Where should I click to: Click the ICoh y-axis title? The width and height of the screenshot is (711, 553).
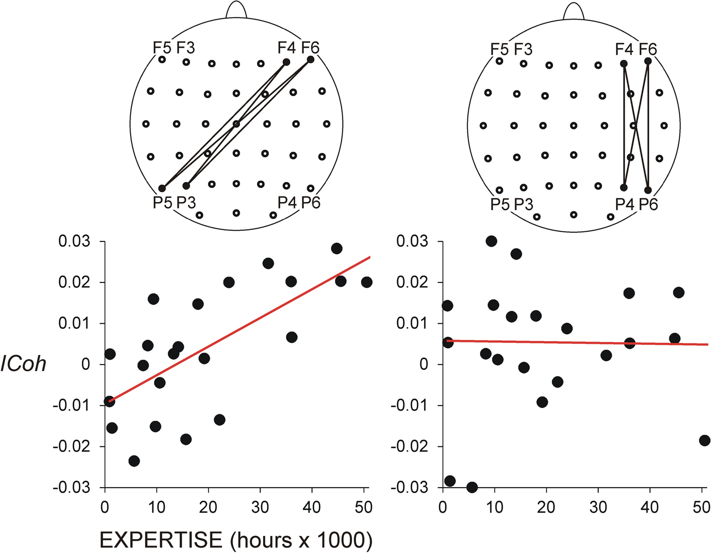23,363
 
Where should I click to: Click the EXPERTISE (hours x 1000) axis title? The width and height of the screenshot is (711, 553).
236,540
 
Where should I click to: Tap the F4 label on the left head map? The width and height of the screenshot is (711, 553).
286,48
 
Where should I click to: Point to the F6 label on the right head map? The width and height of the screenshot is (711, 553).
648,49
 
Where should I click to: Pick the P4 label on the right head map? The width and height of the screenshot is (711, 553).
624,204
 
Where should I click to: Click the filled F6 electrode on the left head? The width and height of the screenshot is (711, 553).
310,59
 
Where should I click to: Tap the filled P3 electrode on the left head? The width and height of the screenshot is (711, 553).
186,186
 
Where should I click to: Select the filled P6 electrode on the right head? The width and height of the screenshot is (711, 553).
648,190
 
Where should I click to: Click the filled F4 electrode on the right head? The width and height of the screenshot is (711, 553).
624,64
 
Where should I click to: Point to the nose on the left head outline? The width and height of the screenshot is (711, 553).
236,10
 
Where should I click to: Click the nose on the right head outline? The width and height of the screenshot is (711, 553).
573,11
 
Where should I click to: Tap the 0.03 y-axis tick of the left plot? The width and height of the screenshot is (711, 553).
74,241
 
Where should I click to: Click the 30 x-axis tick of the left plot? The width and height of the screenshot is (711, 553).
260,507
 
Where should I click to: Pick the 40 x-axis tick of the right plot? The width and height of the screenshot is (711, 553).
650,507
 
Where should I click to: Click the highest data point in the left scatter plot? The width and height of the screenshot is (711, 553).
336,248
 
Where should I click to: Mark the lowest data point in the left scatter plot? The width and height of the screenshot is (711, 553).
134,460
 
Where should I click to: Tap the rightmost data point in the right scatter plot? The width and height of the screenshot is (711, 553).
704,440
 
